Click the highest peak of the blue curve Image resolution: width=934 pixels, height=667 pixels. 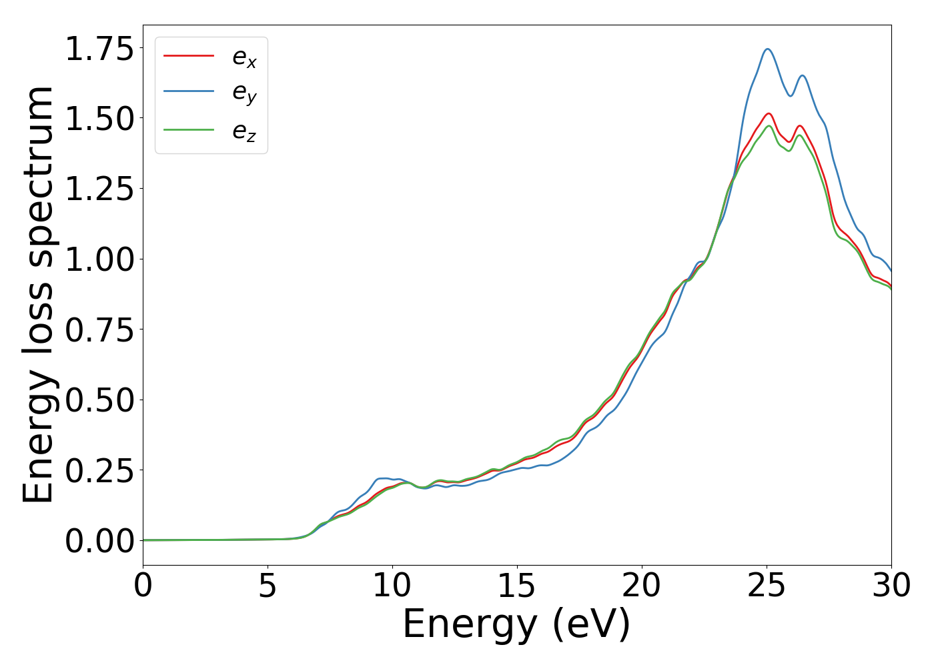[768, 49]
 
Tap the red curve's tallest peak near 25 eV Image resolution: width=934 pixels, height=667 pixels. [769, 113]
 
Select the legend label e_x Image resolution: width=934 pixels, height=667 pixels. [244, 59]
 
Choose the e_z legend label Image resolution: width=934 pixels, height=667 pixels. [244, 131]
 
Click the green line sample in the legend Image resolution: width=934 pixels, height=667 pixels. [189, 129]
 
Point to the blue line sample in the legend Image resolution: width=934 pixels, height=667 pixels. [189, 91]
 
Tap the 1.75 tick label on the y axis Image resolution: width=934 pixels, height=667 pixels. [99, 50]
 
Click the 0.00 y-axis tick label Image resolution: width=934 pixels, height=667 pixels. [99, 541]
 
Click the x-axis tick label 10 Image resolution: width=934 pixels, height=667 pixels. [392, 586]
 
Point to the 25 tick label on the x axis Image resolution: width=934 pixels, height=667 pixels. [767, 586]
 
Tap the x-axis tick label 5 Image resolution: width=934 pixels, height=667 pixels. [268, 586]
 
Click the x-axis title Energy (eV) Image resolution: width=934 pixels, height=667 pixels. [516, 625]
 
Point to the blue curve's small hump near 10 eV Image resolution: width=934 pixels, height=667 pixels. [383, 478]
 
